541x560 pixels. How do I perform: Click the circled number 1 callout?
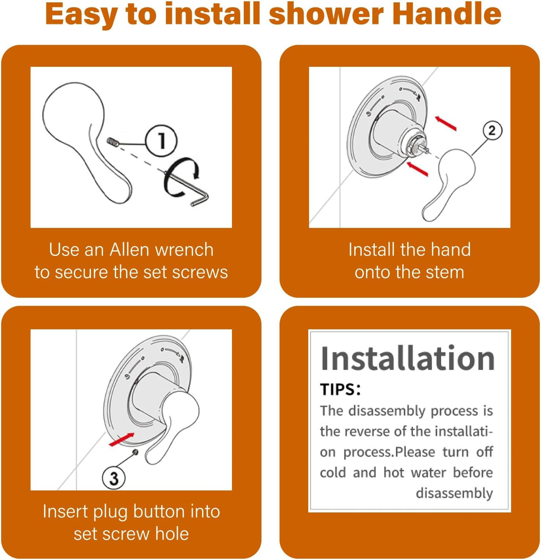[161, 141]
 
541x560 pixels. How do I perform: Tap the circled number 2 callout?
[492, 130]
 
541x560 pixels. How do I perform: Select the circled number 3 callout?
[114, 478]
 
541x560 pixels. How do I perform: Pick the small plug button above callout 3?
[135, 453]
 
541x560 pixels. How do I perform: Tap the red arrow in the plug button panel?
[121, 439]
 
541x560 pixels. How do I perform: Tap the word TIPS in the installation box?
[338, 389]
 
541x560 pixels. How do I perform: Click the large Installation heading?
[407, 358]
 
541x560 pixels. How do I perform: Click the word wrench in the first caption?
[184, 250]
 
